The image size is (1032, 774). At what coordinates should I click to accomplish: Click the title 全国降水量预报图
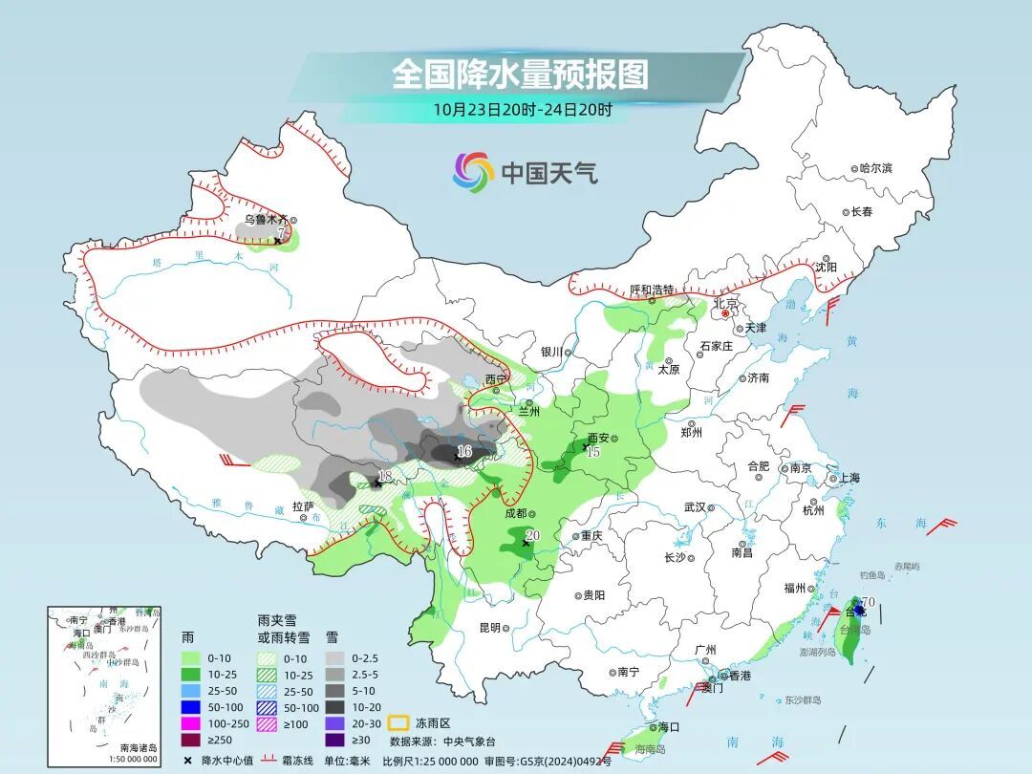520,74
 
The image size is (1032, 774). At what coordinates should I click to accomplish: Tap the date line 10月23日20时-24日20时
522,109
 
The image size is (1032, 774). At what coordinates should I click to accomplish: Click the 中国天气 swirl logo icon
473,172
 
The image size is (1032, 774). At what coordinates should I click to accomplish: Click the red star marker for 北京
725,312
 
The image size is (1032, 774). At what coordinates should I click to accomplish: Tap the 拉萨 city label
303,505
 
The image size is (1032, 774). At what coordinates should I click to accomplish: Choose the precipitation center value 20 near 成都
533,536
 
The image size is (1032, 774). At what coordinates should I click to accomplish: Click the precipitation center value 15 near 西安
593,451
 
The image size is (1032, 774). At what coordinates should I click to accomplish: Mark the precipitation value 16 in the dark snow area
464,450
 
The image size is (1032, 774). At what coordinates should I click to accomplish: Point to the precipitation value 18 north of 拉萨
385,476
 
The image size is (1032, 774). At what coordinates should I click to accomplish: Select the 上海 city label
849,479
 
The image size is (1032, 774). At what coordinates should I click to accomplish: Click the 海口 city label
668,727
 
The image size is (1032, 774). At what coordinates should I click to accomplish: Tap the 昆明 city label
489,628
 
